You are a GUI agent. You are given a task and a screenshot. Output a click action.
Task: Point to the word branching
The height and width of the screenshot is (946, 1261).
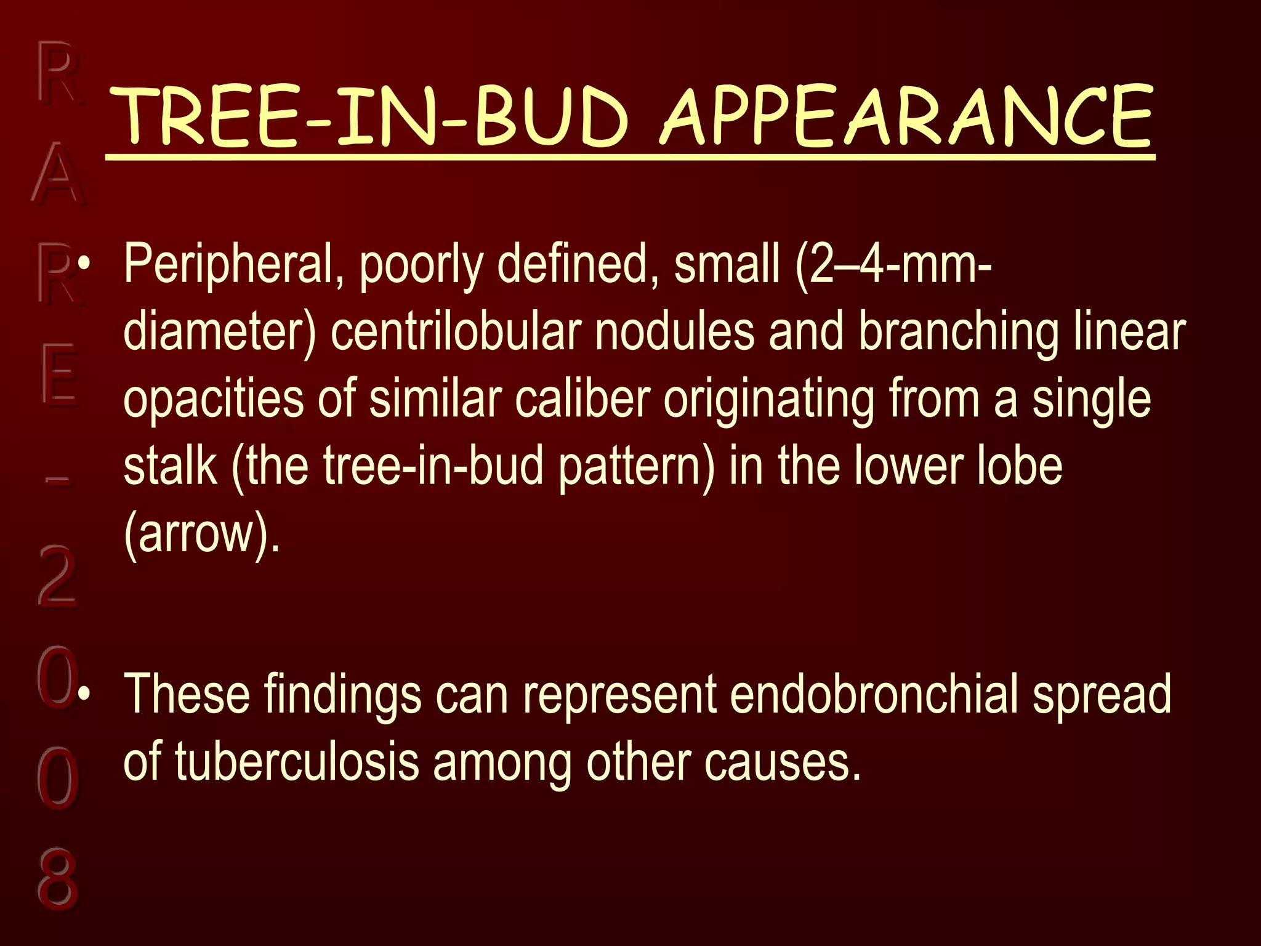(x=959, y=333)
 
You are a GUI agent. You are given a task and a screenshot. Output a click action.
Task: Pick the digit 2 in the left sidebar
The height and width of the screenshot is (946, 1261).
(x=57, y=575)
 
